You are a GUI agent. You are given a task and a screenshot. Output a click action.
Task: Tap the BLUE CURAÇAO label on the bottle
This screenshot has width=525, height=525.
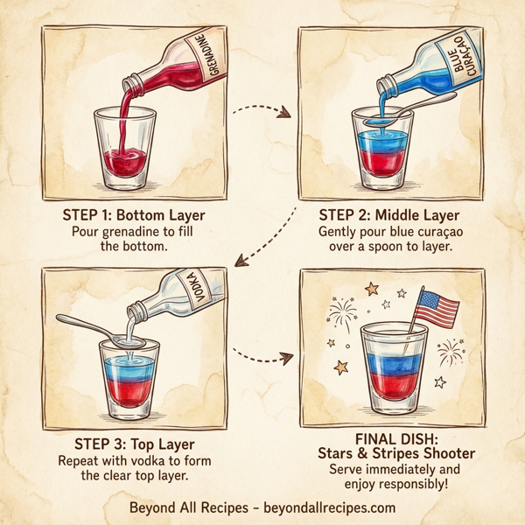(x=458, y=61)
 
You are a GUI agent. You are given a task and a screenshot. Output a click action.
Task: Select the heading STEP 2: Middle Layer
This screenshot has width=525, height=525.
(x=388, y=214)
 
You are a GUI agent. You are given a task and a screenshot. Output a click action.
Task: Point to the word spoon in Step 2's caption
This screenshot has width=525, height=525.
(x=388, y=248)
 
